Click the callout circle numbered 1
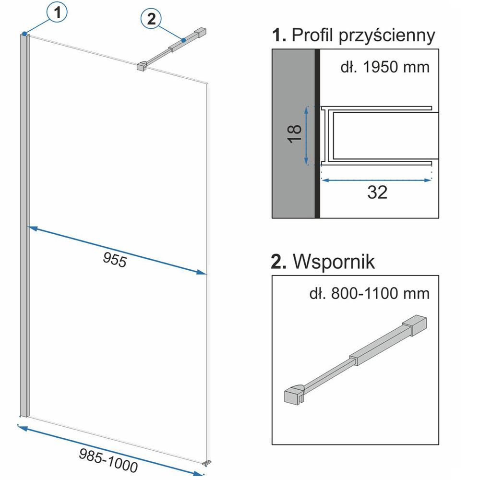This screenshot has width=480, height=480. (x=57, y=14)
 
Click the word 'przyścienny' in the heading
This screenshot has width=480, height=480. (x=387, y=36)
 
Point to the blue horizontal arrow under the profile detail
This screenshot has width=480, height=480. (x=377, y=180)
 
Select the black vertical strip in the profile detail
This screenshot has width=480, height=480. (x=317, y=134)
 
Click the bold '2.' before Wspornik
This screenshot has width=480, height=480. (x=280, y=262)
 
